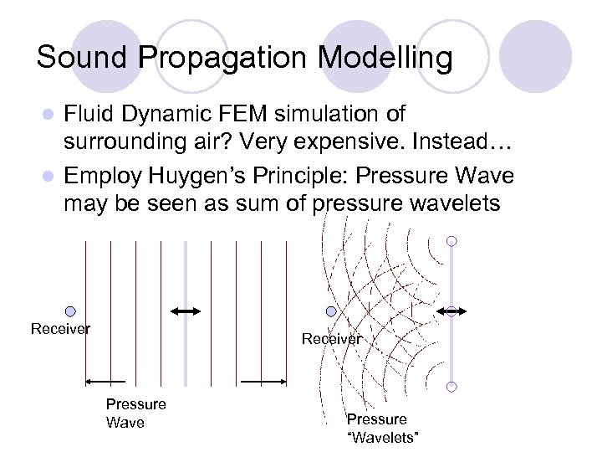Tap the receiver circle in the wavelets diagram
coord(331,311)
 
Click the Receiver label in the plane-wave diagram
coord(60,329)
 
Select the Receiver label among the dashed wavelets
coord(332,339)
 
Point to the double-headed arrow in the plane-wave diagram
coord(186,311)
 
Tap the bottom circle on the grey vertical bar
coord(451,387)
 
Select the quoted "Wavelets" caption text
coord(381,439)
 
